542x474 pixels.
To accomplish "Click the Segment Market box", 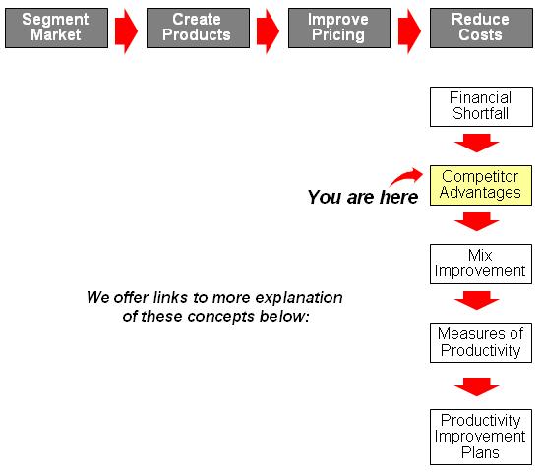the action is coord(56,28).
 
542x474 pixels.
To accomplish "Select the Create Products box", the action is coord(198,28).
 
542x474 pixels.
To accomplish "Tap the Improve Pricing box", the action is coord(339,28).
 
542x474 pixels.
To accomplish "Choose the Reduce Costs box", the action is coord(481,28).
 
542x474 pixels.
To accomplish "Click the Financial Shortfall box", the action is coord(481,106).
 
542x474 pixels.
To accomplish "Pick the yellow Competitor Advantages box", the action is coord(481,186).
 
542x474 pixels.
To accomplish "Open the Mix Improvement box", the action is coord(481,265).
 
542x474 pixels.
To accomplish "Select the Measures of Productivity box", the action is coord(481,343).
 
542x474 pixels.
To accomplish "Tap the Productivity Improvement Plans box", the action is coord(481,437).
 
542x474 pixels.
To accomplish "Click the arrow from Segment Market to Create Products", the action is coord(127,31).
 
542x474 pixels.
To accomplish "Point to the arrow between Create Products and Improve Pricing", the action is coord(269,31).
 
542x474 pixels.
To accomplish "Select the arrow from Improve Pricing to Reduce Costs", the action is coord(409,31).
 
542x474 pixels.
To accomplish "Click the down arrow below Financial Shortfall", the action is coord(477,143).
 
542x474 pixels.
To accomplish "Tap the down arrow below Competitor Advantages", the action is coord(477,222).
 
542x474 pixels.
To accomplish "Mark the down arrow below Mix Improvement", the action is coord(477,300).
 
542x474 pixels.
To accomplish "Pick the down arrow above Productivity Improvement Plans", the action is coord(477,386).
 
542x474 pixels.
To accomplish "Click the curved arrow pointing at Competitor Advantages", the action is coord(407,175).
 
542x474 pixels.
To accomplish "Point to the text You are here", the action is coord(363,197).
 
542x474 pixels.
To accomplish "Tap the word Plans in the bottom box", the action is coord(480,452).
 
